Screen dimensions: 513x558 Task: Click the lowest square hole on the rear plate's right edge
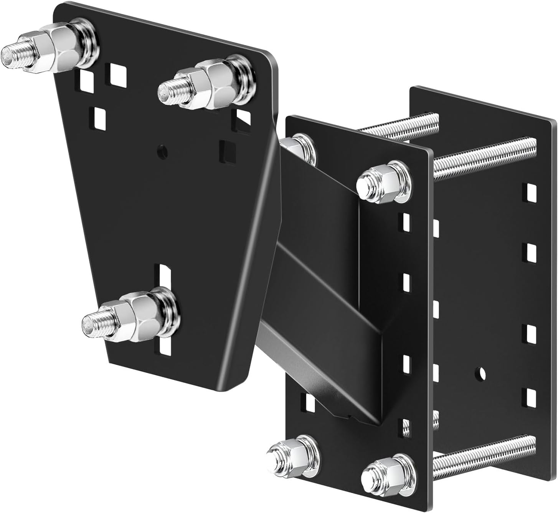pyautogui.click(x=531, y=398)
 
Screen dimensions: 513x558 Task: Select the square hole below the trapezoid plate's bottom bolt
pyautogui.click(x=166, y=348)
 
